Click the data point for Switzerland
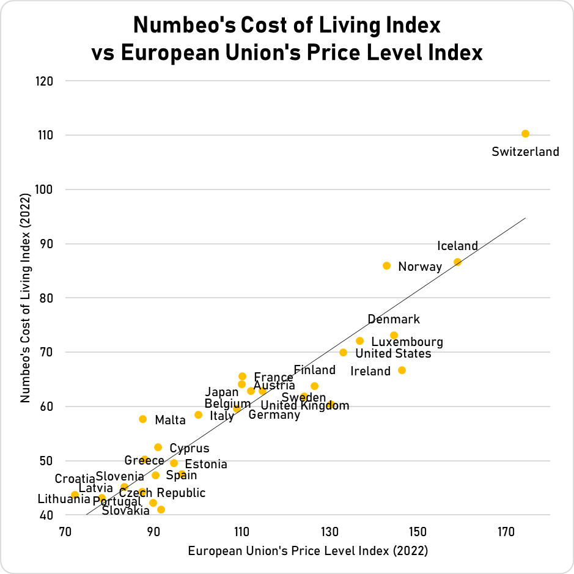click(525, 133)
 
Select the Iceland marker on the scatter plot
click(457, 262)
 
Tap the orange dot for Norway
click(386, 265)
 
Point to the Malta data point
click(142, 419)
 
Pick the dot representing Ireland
click(402, 370)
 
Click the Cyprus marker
click(158, 447)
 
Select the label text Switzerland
click(525, 152)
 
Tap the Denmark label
click(394, 319)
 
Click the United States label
click(393, 353)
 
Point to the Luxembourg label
click(407, 342)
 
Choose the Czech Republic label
click(162, 493)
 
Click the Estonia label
click(206, 464)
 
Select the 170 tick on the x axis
click(506, 532)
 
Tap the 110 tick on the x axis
click(242, 532)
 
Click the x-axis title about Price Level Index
click(307, 551)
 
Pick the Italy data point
click(198, 414)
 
